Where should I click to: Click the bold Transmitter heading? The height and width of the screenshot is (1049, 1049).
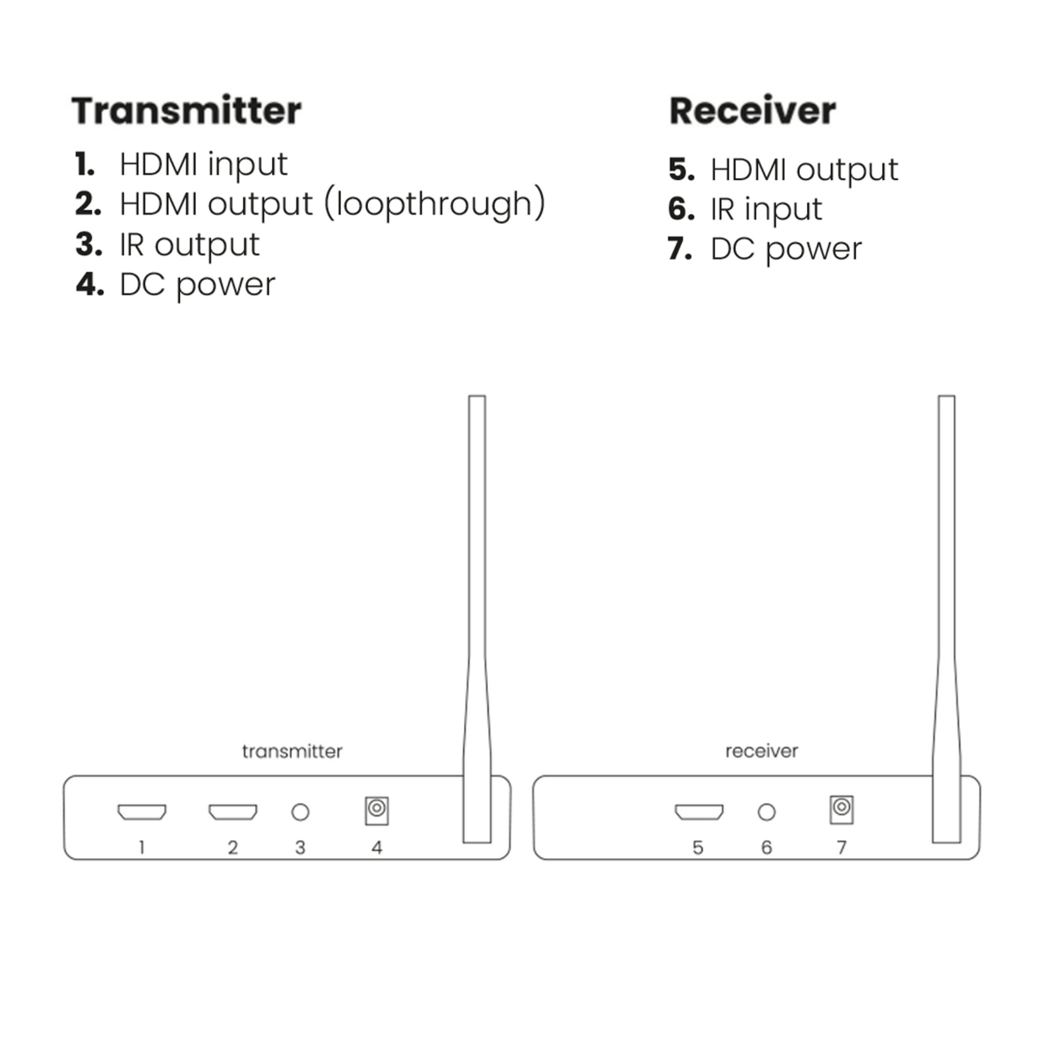(x=186, y=111)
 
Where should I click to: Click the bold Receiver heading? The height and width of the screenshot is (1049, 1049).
(x=752, y=111)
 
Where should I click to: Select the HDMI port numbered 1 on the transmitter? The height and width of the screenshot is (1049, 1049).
(x=142, y=812)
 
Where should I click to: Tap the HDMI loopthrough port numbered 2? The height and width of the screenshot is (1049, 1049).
(x=233, y=812)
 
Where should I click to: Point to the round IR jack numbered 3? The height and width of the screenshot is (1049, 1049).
(x=300, y=812)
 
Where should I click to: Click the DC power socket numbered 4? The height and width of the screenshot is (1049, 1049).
(x=377, y=810)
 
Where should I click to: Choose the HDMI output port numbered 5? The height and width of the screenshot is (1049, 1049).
(x=698, y=812)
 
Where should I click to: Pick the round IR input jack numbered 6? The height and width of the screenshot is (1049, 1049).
(x=767, y=812)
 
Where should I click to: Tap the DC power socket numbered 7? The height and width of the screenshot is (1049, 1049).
(x=841, y=809)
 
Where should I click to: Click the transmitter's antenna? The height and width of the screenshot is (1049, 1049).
(x=476, y=612)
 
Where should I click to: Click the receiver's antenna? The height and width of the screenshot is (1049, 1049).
(x=946, y=612)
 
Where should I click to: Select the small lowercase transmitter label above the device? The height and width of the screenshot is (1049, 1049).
(x=292, y=751)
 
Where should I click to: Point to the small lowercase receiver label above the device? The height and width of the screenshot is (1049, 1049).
(x=761, y=751)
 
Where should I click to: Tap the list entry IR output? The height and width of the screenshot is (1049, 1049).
(x=189, y=245)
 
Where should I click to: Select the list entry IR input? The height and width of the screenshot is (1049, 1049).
(x=766, y=210)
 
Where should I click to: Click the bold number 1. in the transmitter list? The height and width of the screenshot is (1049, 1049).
(x=85, y=164)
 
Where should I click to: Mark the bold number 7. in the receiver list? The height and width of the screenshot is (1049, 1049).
(x=680, y=249)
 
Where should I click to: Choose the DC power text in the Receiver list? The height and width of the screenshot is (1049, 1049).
(x=786, y=250)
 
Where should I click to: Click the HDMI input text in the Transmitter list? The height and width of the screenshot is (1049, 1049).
(x=203, y=164)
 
